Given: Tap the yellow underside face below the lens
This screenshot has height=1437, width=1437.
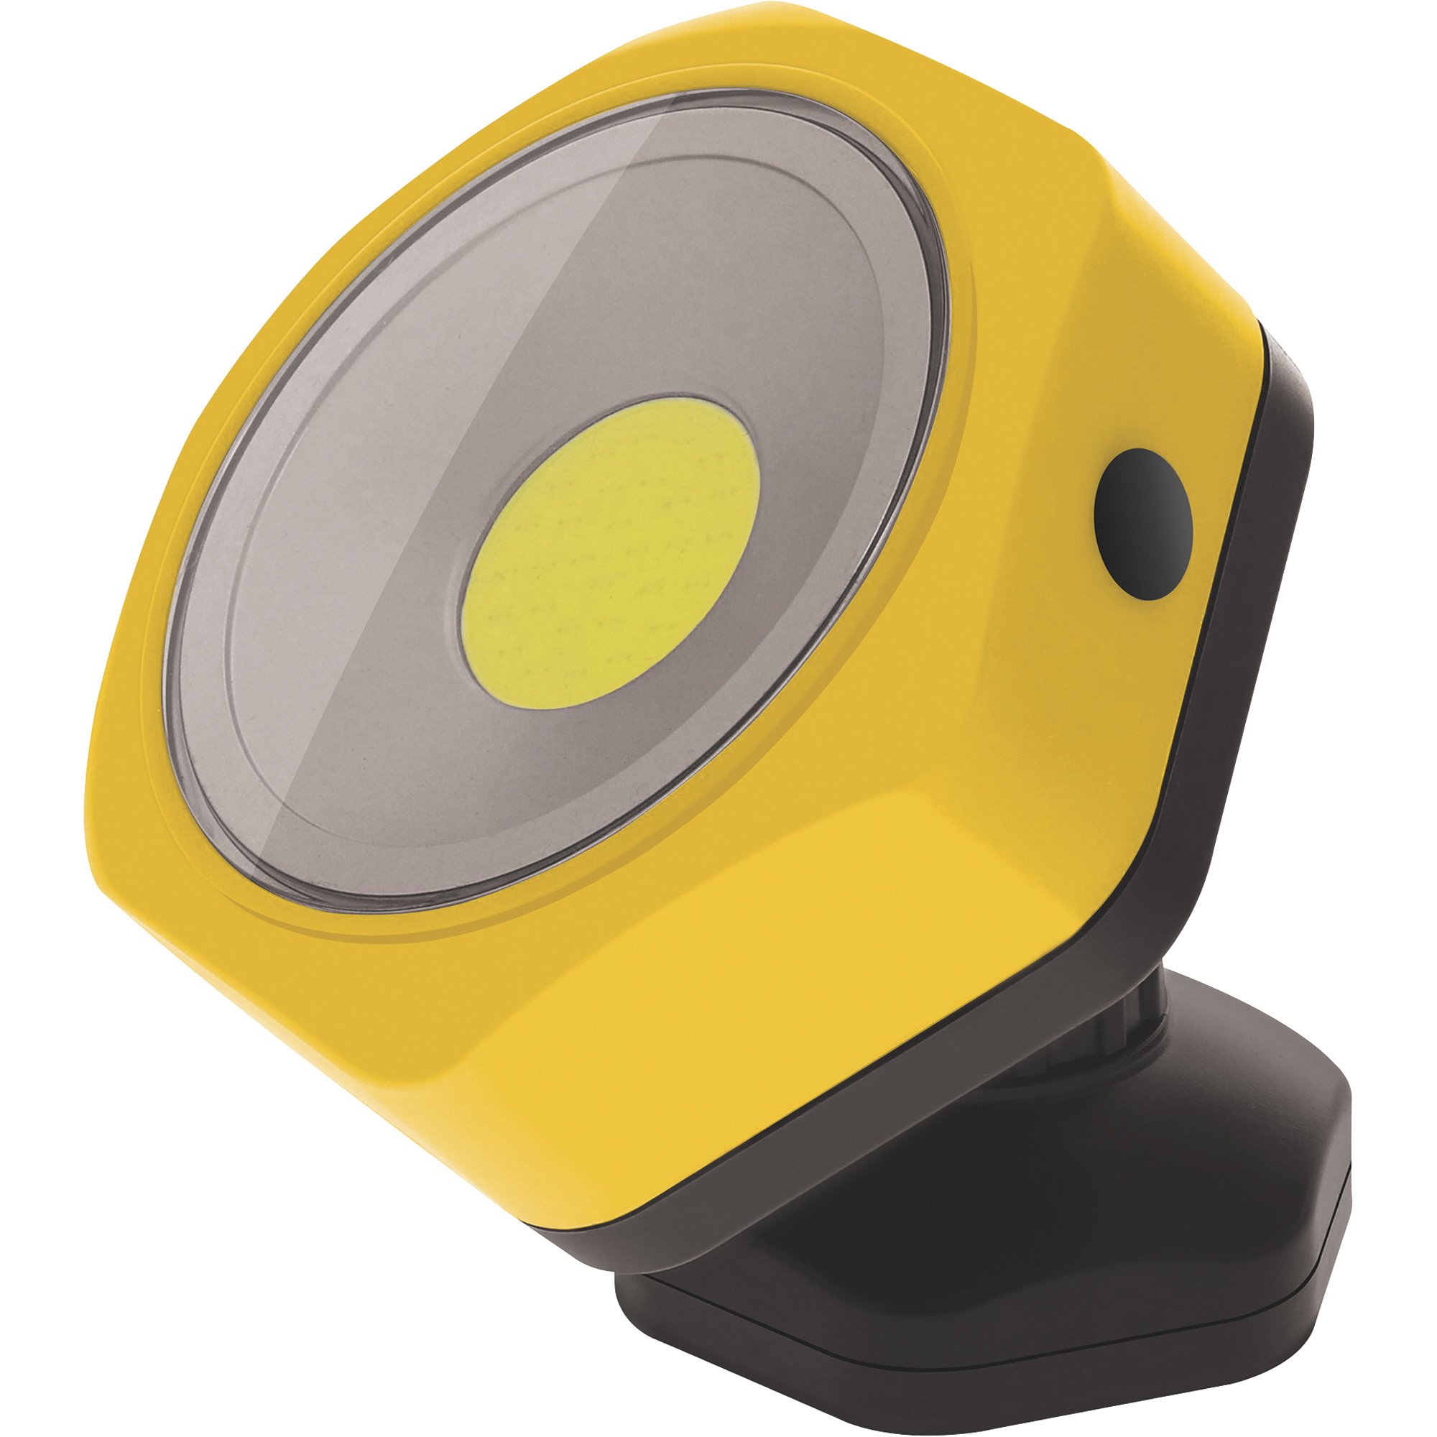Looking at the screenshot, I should pyautogui.click(x=595, y=1041).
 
